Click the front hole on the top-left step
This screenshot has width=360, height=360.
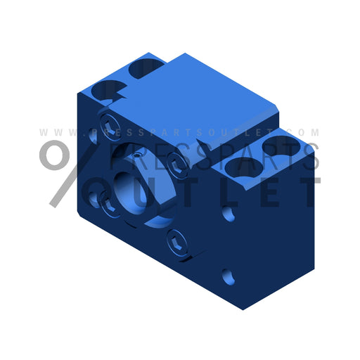point(112,89)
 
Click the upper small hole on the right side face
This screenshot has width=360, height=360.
point(229,212)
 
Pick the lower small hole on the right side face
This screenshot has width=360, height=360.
point(229,278)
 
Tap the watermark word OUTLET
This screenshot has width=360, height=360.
point(211,191)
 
